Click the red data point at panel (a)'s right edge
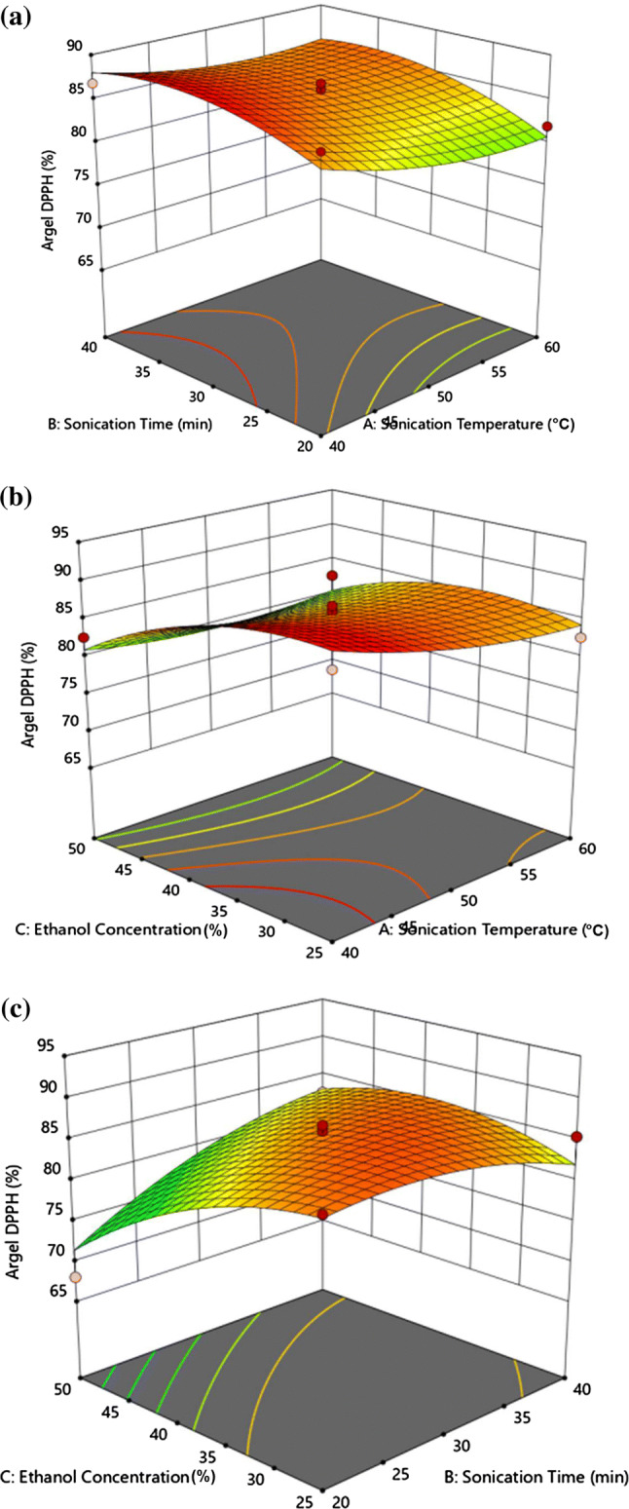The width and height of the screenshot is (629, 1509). pos(547,127)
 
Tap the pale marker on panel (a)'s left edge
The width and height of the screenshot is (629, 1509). pos(92,84)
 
